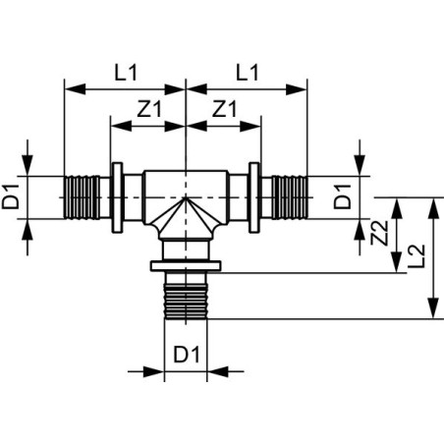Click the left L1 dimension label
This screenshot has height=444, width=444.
point(126,73)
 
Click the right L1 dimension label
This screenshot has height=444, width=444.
point(248,73)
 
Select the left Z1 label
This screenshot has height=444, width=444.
point(149,109)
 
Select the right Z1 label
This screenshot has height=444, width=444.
point(224,109)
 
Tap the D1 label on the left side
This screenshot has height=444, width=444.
point(11,197)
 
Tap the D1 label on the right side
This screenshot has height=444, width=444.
point(342,197)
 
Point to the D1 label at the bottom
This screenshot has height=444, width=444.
point(187,354)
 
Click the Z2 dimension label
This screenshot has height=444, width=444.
point(379,233)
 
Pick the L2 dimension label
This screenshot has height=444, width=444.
point(416,256)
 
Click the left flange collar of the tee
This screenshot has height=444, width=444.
point(117,197)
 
